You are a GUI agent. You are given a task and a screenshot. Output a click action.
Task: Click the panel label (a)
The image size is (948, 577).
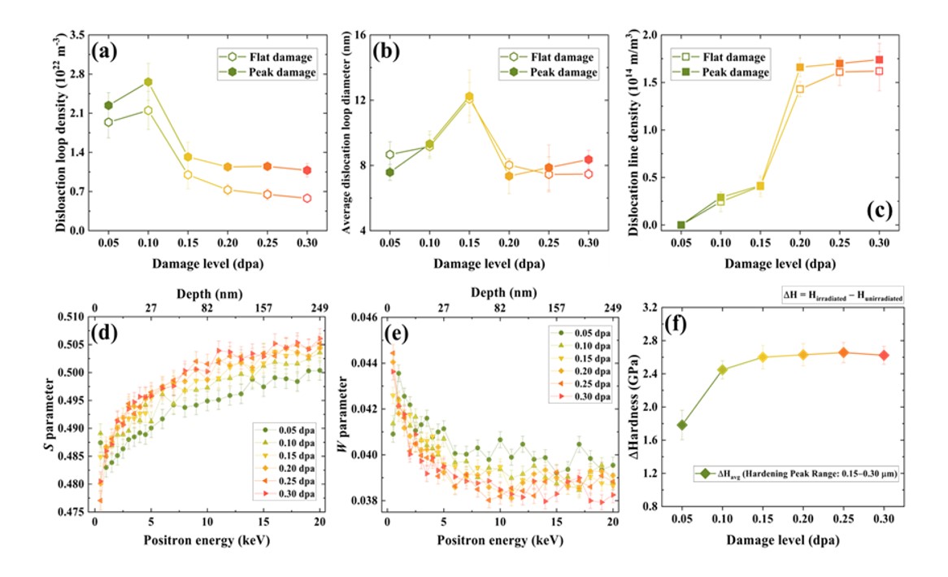pyautogui.click(x=106, y=52)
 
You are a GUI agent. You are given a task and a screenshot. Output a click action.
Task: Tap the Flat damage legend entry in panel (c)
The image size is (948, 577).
pyautogui.click(x=728, y=57)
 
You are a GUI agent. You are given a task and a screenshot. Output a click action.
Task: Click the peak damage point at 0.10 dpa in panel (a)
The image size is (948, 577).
pyautogui.click(x=148, y=82)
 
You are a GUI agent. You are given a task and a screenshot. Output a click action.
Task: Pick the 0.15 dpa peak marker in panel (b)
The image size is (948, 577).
pyautogui.click(x=469, y=97)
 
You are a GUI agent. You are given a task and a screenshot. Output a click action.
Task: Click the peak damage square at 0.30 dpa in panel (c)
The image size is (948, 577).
pyautogui.click(x=879, y=59)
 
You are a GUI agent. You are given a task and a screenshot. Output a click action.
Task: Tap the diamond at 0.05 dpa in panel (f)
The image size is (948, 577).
pyautogui.click(x=682, y=425)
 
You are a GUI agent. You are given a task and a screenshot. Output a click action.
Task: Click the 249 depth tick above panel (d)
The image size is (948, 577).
pyautogui.click(x=319, y=307)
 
